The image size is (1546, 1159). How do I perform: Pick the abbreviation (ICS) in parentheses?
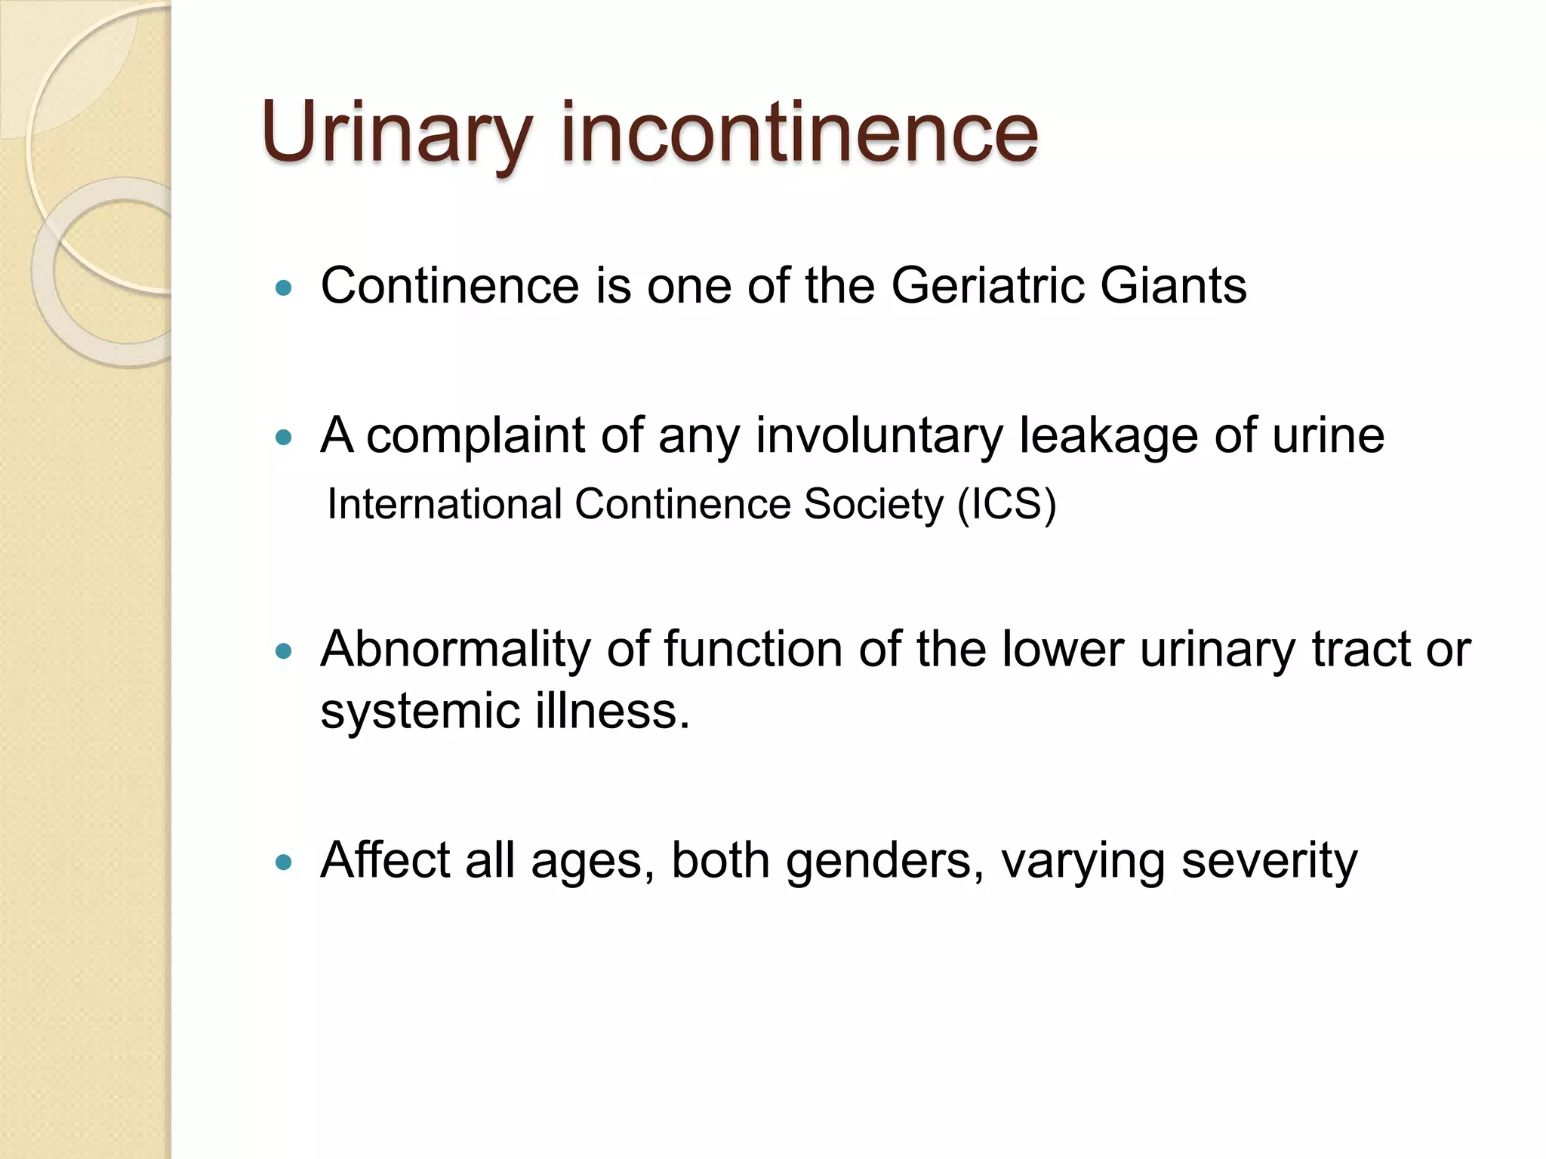(x=1006, y=504)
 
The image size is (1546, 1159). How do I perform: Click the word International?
(x=445, y=504)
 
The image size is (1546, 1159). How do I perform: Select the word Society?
(x=873, y=504)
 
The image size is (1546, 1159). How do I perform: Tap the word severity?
(x=1269, y=862)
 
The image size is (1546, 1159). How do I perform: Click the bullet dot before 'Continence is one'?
(x=284, y=287)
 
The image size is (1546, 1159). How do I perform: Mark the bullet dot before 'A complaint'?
(x=284, y=437)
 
